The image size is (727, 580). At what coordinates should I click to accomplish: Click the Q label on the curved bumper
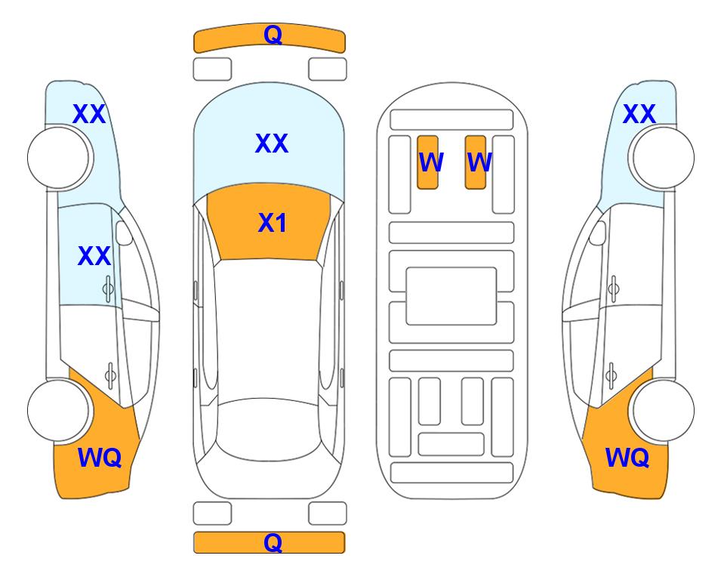tap(273, 34)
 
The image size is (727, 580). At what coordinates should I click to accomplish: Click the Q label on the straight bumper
tap(273, 542)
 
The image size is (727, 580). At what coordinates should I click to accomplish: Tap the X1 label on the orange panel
tap(273, 223)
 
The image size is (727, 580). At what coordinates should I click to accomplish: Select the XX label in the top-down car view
tap(272, 143)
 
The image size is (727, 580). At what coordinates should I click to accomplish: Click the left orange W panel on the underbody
tap(427, 162)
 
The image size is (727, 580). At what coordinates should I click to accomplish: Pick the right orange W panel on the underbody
tap(476, 162)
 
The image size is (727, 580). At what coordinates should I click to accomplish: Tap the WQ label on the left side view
tap(100, 458)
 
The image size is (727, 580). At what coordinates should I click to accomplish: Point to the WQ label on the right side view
tap(627, 458)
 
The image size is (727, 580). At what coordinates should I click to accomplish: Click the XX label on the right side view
tap(639, 114)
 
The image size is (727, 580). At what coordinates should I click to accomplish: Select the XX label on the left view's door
tap(94, 256)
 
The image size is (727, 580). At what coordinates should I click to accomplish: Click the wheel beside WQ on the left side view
tap(58, 411)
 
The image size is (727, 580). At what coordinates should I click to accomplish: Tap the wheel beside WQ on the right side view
tap(663, 411)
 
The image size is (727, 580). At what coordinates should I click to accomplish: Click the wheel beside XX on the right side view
tap(663, 158)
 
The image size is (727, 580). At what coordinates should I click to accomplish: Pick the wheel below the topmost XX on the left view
tap(58, 158)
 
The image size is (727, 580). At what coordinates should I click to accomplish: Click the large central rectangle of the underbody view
tap(451, 296)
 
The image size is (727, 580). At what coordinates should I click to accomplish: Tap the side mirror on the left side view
tap(124, 233)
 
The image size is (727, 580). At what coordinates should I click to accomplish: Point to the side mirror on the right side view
tap(598, 233)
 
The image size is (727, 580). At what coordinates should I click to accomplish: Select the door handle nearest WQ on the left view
tap(110, 375)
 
